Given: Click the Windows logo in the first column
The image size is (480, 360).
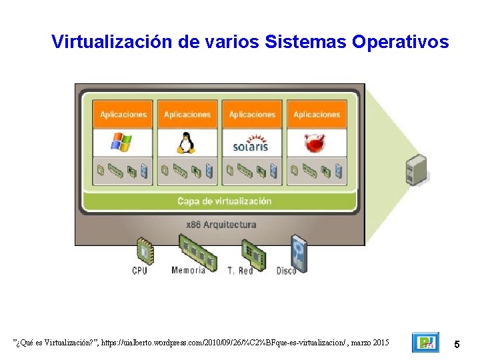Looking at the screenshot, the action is [x=122, y=142].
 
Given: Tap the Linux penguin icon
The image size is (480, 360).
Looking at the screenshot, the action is [x=187, y=142].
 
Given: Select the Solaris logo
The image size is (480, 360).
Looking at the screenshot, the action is [x=251, y=143].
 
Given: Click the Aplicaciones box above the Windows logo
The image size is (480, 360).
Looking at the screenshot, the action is [x=123, y=115].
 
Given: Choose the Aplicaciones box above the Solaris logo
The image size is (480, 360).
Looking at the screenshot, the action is [x=252, y=115].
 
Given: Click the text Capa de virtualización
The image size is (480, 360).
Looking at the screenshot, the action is [x=224, y=201].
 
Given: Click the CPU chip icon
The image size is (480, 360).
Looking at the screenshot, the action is [x=144, y=251].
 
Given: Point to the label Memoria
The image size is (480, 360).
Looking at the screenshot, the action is [x=189, y=271].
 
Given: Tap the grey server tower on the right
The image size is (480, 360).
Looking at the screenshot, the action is [x=416, y=169].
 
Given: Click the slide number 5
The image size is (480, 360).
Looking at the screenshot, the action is [x=457, y=344].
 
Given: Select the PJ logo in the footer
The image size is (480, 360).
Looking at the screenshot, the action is [x=425, y=343].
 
